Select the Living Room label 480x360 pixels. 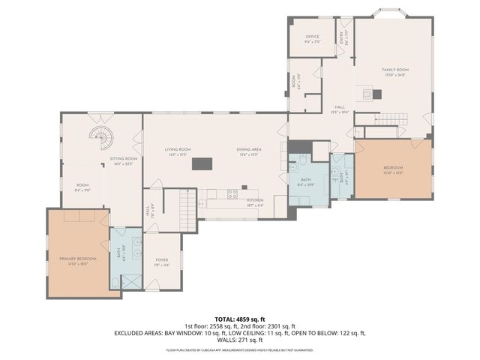point(178,151)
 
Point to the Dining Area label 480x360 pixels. point(248,151)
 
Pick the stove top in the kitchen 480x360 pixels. point(232,193)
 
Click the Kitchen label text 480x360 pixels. point(256,200)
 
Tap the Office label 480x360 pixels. point(313,37)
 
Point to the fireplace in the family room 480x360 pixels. point(376,94)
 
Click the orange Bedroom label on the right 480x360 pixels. point(394,168)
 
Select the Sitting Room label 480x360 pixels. point(124,160)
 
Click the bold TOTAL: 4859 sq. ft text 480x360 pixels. point(239,319)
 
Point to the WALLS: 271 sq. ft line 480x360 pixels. point(239,339)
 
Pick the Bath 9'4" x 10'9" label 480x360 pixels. point(306,181)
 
